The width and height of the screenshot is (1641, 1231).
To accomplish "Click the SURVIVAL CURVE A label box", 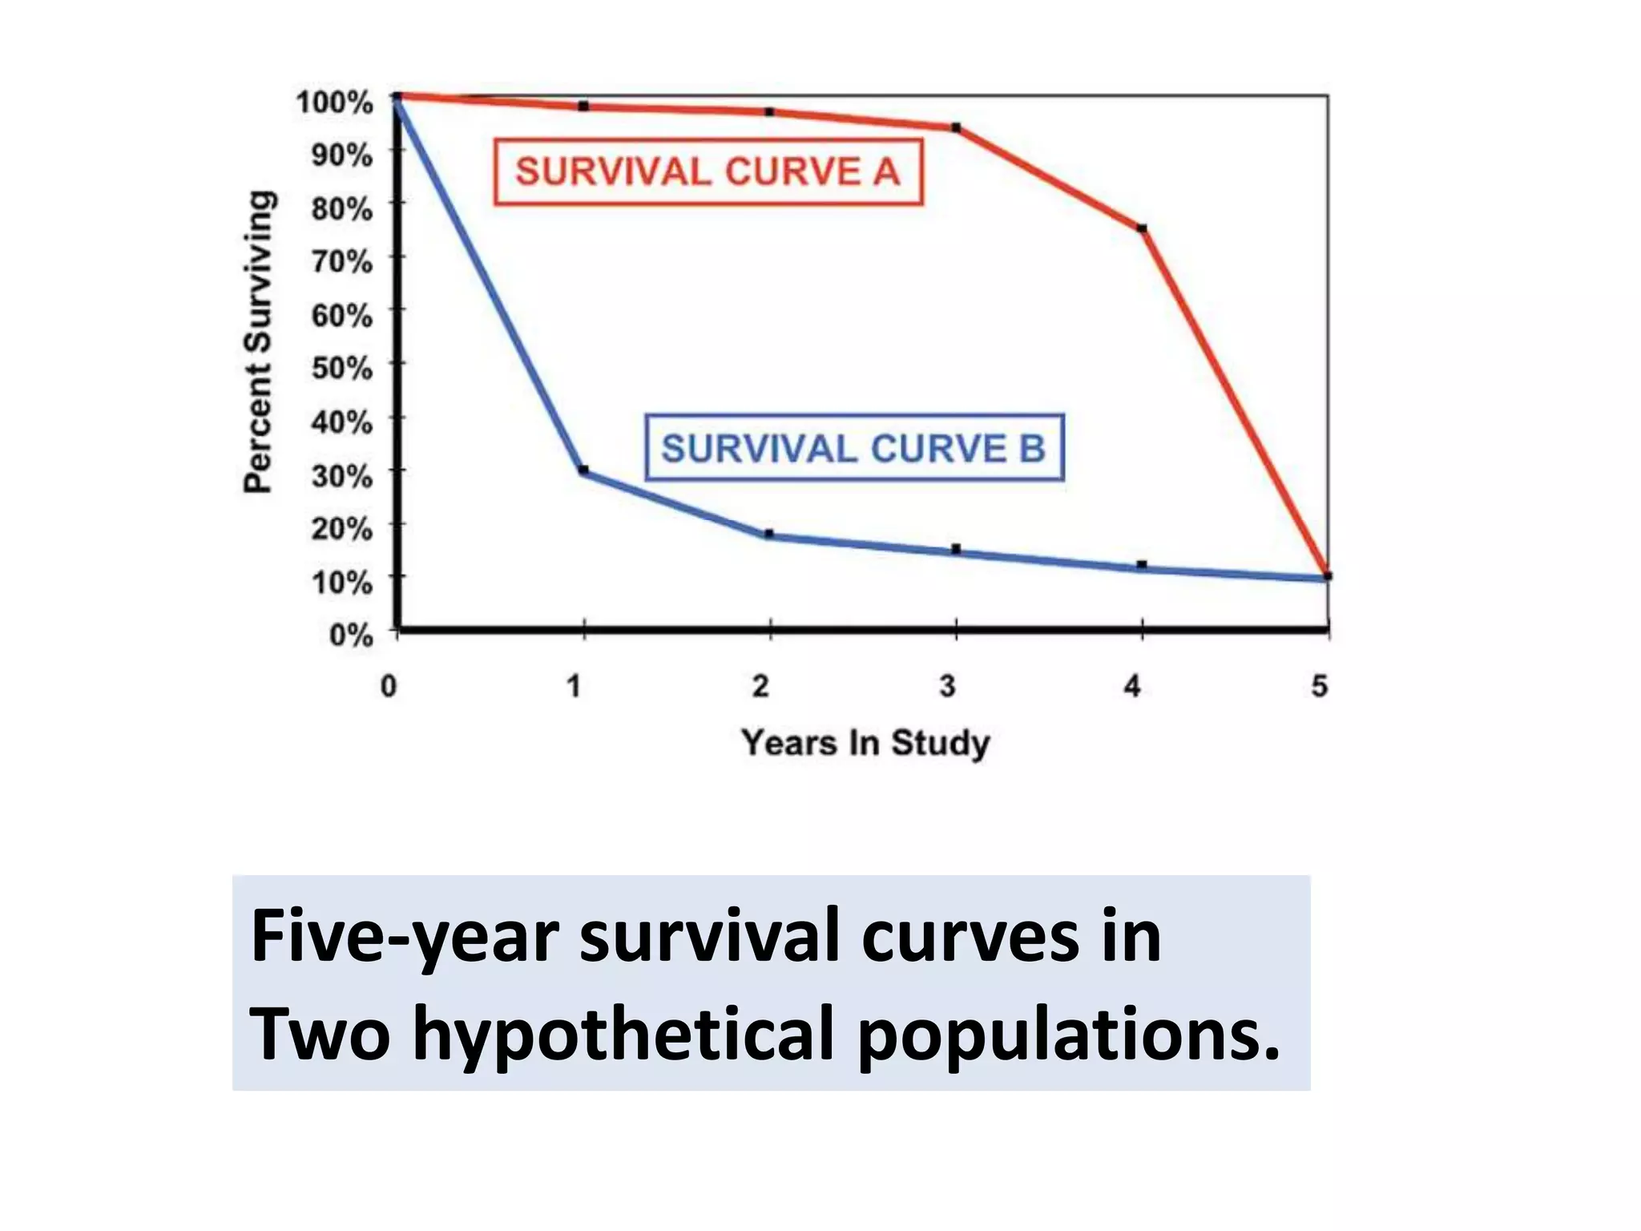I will tap(708, 172).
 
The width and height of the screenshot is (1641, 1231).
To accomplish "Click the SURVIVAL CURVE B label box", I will tap(854, 447).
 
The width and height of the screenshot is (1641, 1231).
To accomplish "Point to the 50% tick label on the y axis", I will tap(342, 368).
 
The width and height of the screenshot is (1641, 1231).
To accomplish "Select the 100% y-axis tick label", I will tap(335, 103).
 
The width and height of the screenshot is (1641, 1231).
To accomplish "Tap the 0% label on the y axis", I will tap(351, 635).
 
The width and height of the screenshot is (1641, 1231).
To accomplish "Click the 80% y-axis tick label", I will tap(342, 209).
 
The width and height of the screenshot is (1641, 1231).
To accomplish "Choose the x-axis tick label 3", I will tap(948, 686).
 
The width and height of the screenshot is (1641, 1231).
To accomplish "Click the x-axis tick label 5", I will tap(1320, 686).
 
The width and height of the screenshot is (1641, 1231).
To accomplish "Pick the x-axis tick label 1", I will tap(575, 686).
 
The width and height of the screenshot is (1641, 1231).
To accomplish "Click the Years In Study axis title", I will tap(865, 743).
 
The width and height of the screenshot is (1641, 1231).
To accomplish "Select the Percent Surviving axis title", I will tap(258, 341).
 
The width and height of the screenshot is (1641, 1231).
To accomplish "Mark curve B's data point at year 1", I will tap(584, 470).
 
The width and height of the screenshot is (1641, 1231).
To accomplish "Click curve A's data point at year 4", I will tap(1142, 229).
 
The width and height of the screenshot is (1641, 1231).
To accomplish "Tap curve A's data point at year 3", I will tap(956, 127).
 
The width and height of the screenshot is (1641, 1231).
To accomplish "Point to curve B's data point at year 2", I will tap(769, 534).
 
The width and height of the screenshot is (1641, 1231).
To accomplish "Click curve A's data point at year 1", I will tap(584, 106).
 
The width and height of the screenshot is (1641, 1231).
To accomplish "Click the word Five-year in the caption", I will tap(405, 937).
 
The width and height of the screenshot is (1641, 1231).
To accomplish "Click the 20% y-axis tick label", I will tap(342, 529).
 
